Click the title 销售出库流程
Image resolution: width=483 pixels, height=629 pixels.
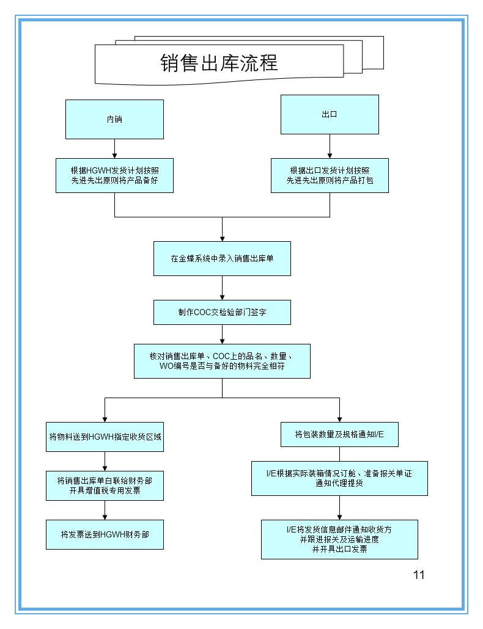point(219,63)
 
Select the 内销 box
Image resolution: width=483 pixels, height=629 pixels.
point(114,119)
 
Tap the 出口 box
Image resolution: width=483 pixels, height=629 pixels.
point(330,114)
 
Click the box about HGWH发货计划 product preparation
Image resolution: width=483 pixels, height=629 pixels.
point(114,175)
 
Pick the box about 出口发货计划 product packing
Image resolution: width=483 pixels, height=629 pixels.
point(330,175)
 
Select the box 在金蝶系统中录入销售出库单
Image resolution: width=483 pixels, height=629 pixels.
point(222,258)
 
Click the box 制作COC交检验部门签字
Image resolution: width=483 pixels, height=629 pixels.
point(222,312)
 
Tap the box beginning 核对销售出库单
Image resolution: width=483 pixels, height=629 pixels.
point(222,361)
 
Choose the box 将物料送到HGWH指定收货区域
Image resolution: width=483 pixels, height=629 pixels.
point(105,437)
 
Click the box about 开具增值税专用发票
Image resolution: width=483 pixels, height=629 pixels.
point(105,485)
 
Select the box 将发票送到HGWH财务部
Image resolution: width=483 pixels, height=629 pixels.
point(105,534)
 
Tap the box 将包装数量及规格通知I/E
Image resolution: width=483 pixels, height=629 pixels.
point(339,434)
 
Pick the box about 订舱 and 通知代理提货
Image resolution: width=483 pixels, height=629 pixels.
point(339,478)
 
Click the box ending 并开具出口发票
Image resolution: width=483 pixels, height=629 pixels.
point(339,539)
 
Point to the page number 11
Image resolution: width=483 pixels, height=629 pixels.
point(419,574)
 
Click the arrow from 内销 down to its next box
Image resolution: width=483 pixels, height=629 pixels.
point(114,149)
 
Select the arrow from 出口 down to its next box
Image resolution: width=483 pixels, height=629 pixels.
point(330,147)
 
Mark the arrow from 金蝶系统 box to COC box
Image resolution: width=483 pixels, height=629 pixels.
point(222,288)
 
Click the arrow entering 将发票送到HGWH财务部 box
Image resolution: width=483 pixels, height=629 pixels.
point(105,510)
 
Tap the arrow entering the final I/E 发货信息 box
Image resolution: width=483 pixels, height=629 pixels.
point(339,507)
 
